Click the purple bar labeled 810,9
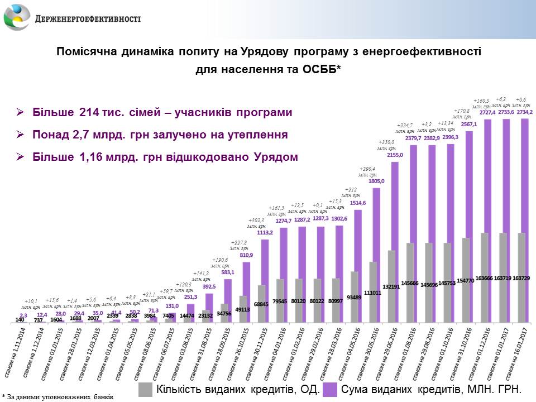246,290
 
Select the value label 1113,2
265,232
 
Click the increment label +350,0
387,142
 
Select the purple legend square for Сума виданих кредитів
330,389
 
